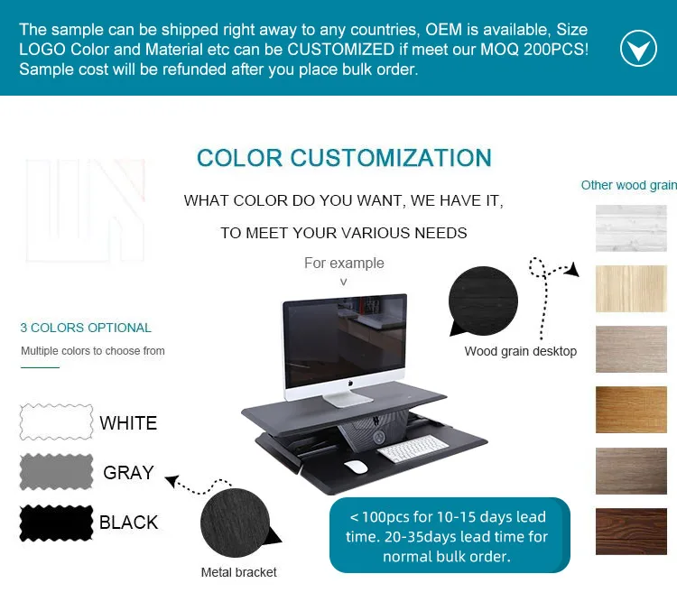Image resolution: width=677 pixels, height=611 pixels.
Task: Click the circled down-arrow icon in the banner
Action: coord(638,49)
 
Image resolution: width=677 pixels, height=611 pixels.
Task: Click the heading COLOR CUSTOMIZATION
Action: coord(344,158)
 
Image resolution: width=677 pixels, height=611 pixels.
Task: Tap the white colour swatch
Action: coord(57,421)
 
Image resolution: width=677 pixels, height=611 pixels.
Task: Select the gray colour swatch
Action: coord(57,471)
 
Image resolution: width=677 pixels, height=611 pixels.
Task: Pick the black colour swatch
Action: coord(57,523)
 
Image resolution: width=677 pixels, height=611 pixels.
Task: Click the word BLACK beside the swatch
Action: coord(129,523)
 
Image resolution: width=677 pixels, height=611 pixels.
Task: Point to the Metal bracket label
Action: coord(239,572)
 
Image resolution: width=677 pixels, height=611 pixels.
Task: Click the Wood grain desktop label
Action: coord(521,351)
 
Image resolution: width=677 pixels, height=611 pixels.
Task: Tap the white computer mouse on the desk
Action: coord(356,467)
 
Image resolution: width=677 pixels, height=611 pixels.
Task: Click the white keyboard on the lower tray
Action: coord(413,449)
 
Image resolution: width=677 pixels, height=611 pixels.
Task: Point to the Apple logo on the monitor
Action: coord(350,383)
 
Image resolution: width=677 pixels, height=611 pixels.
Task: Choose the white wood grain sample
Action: coord(631,228)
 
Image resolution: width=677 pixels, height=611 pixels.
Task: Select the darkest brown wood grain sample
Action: coord(631,531)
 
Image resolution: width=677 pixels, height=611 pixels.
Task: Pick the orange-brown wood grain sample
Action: coord(631,410)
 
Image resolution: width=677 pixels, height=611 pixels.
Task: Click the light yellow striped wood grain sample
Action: coord(631,289)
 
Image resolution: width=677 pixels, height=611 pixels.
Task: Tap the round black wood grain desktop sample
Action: coord(483,301)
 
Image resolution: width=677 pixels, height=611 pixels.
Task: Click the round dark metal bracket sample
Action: coord(236,523)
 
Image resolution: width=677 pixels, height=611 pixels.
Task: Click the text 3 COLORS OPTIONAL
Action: coord(86,328)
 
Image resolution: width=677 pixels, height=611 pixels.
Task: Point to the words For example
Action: coord(344,263)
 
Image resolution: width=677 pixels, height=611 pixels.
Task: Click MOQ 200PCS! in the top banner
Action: coord(534,50)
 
